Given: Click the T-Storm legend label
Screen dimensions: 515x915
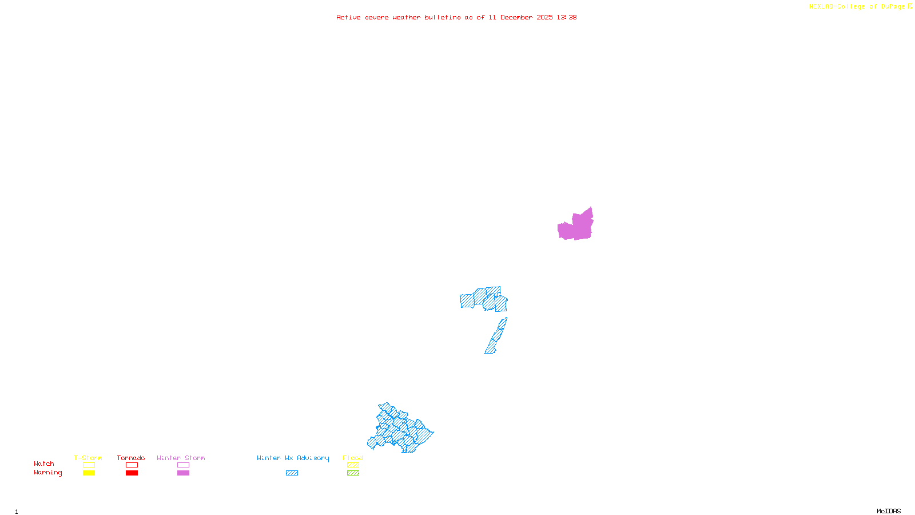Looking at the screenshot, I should [88, 458].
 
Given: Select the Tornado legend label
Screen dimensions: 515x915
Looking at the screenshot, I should [131, 458].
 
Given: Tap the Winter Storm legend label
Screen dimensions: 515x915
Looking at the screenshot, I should [181, 458].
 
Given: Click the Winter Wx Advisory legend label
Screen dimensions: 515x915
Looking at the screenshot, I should [293, 458].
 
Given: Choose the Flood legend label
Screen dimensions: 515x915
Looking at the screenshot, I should [353, 458].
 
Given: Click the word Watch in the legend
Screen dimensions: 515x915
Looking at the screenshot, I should [44, 463].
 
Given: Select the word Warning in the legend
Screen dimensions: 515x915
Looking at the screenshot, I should [48, 473].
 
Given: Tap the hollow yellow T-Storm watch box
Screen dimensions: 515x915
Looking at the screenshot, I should [89, 465].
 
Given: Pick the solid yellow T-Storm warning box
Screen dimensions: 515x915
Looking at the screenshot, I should [89, 473].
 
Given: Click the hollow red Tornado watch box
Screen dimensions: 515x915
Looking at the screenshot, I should [132, 465].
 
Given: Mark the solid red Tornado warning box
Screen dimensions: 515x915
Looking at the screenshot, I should [132, 473].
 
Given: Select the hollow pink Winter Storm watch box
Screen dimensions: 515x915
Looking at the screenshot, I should [183, 465].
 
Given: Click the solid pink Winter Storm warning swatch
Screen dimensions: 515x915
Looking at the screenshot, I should [183, 473].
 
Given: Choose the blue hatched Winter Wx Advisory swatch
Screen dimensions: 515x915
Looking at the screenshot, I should [292, 473].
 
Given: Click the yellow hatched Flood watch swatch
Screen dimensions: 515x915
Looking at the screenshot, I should [353, 465].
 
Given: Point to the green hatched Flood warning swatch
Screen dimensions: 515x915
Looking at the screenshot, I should [353, 473].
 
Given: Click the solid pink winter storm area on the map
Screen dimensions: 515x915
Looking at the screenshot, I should [578, 227].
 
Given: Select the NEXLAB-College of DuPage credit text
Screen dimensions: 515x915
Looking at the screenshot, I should [860, 7].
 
